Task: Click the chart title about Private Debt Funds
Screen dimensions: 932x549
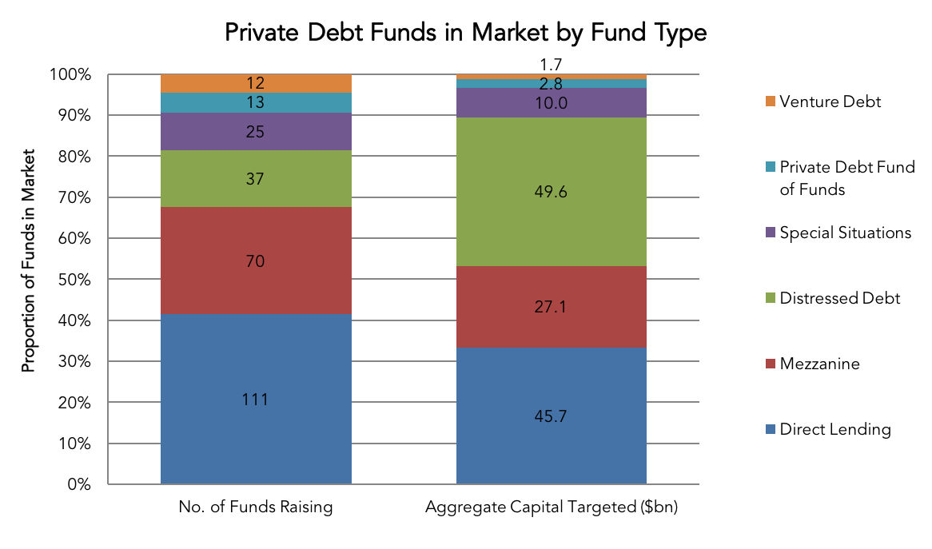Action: click(x=465, y=32)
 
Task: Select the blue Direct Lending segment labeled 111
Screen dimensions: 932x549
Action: click(x=256, y=399)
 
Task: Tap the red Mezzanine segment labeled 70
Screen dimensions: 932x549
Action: click(x=256, y=261)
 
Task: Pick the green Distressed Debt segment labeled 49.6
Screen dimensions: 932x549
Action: click(x=551, y=191)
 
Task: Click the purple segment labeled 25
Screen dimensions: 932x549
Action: click(x=256, y=131)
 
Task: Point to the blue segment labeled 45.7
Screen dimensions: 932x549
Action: click(x=551, y=416)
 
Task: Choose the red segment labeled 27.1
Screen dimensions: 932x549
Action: click(x=551, y=307)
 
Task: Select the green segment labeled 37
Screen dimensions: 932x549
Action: click(x=256, y=178)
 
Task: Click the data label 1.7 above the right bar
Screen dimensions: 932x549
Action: click(x=551, y=64)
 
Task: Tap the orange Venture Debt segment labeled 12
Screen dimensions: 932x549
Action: click(x=256, y=83)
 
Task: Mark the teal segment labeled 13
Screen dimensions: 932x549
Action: click(x=256, y=102)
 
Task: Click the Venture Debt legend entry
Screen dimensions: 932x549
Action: click(x=823, y=101)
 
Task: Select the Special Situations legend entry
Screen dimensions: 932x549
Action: click(x=838, y=233)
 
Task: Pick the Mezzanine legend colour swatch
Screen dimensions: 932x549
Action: click(x=771, y=364)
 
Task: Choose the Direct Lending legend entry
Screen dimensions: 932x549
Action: click(x=828, y=429)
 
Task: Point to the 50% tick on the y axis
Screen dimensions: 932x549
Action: click(x=74, y=279)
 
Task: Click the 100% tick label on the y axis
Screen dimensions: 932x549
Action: click(x=70, y=75)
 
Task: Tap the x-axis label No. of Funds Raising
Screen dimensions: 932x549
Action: click(x=256, y=507)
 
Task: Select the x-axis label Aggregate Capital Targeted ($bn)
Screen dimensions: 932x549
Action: click(x=552, y=507)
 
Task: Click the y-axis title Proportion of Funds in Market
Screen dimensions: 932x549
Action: click(x=28, y=261)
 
